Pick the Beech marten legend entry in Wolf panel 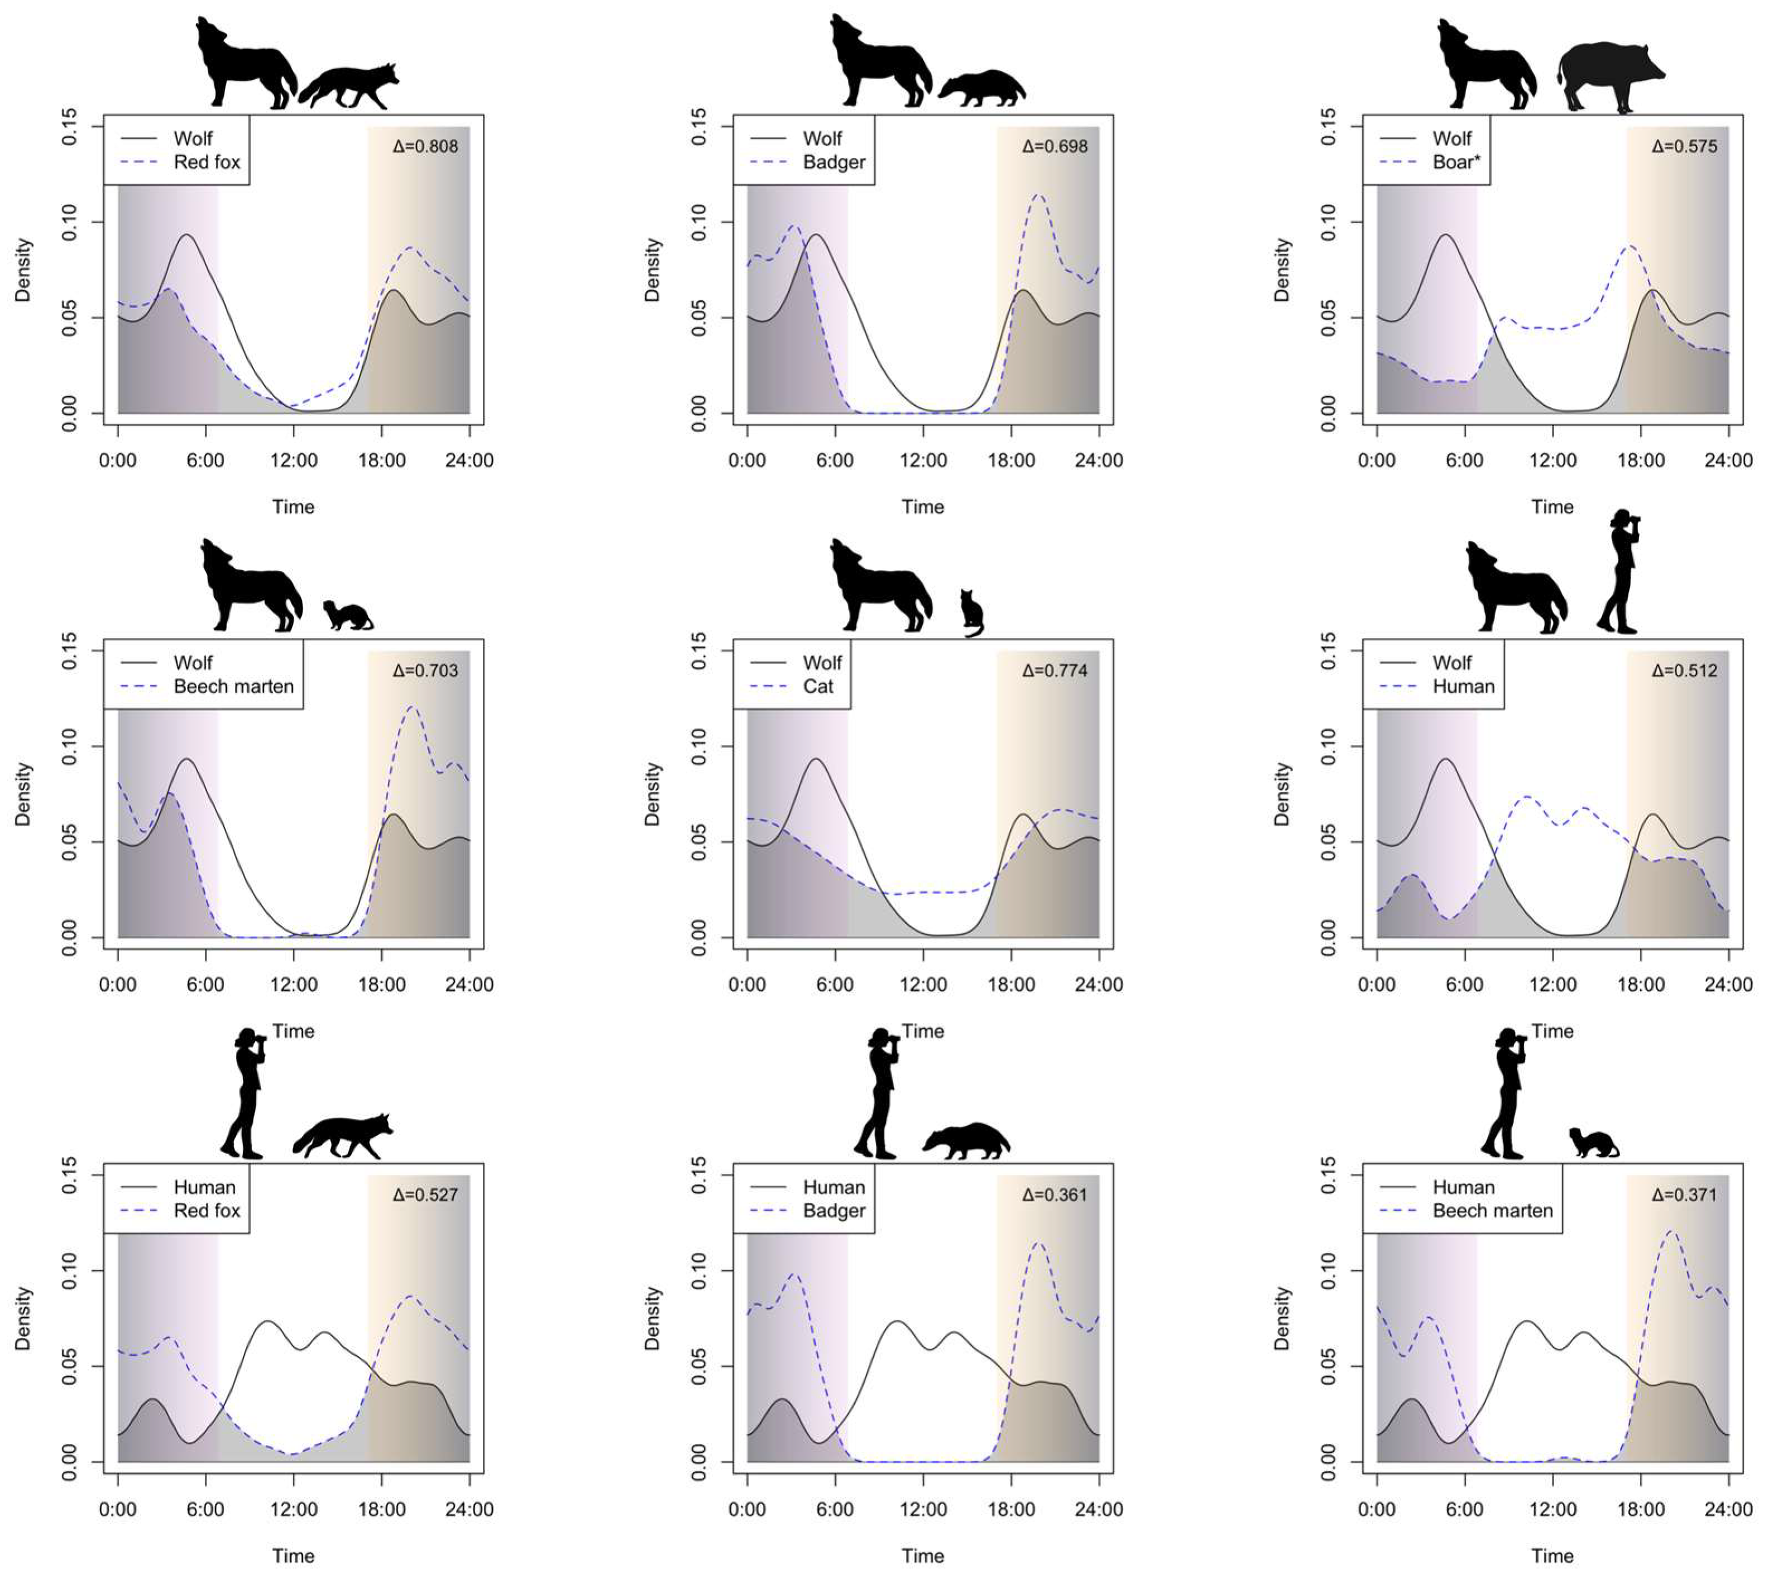(233, 687)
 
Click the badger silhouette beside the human (965, 1141)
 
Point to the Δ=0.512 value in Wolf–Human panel (1684, 670)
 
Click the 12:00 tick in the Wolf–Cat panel (923, 985)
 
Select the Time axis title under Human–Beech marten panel (1552, 1556)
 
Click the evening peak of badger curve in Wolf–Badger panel (1038, 196)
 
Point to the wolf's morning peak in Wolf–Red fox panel (187, 235)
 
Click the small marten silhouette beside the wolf (347, 615)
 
